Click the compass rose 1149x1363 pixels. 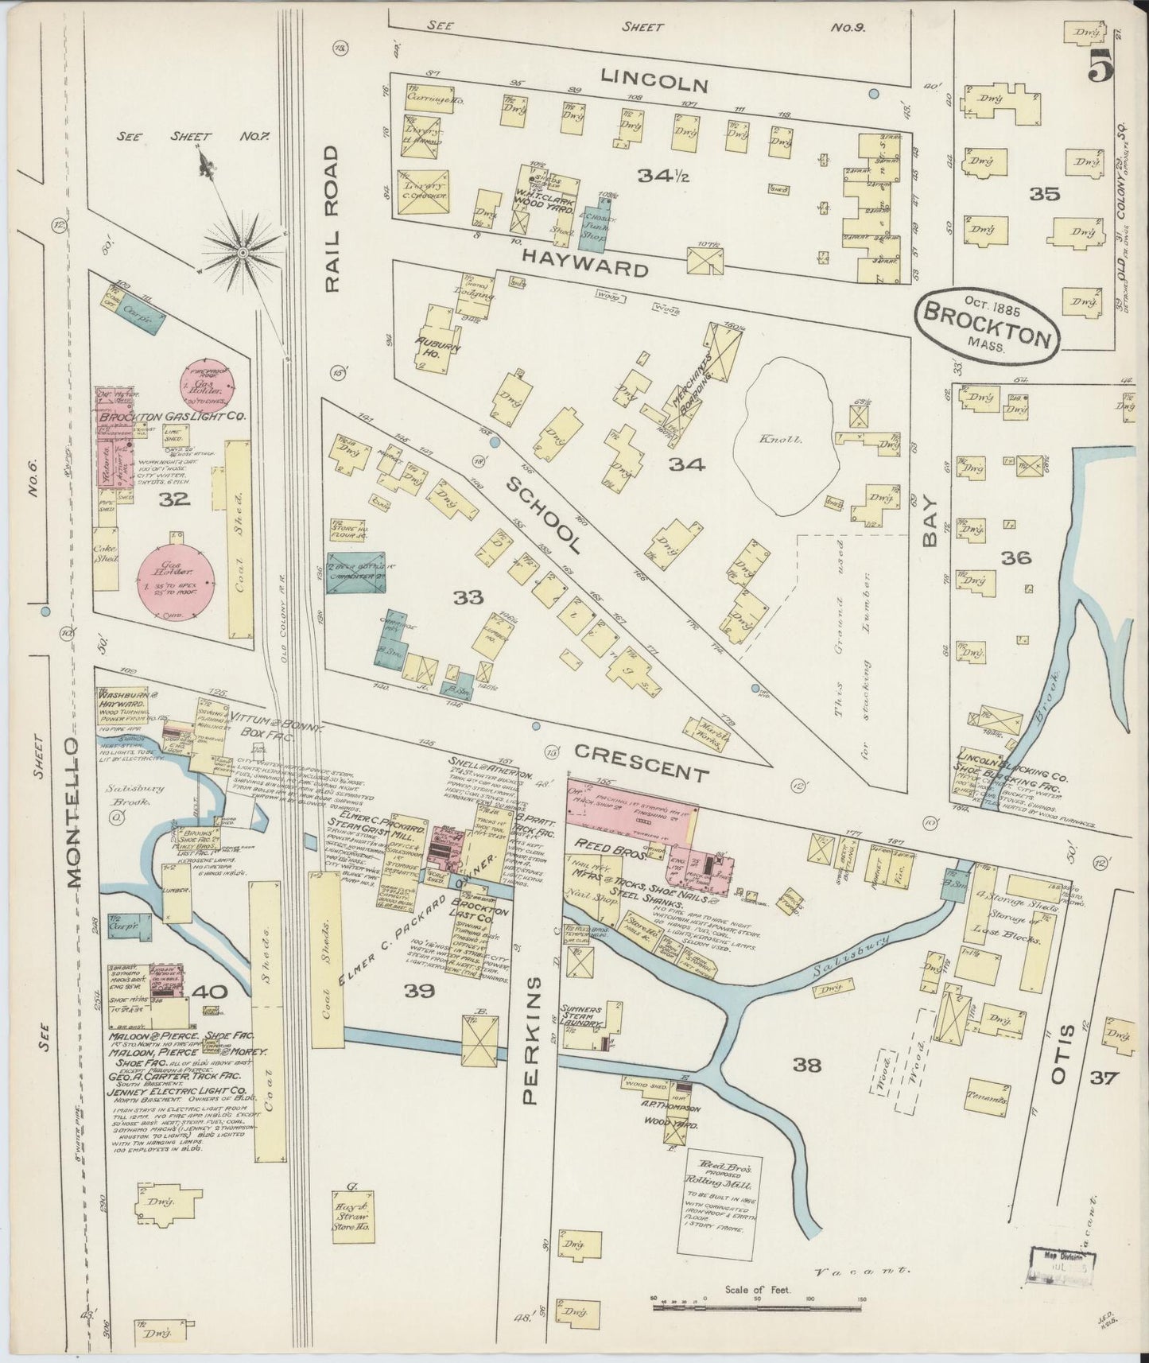coord(241,252)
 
